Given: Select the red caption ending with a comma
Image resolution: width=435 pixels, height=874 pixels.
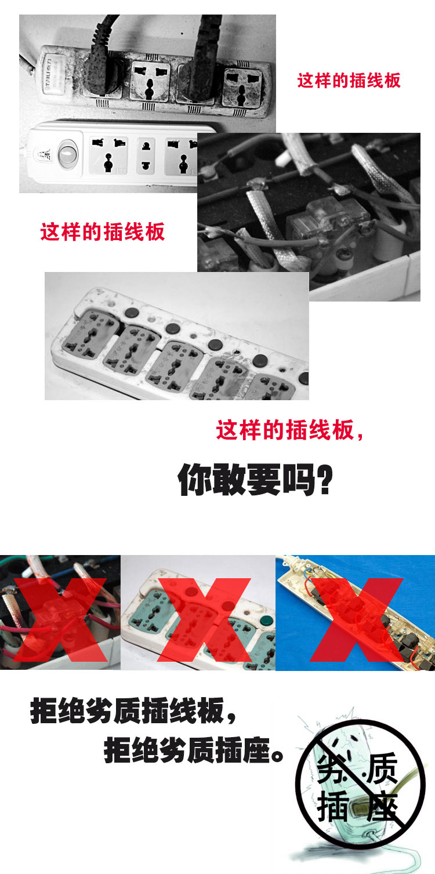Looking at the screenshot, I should tap(290, 431).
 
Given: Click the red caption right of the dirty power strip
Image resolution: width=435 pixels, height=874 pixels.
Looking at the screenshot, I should tap(349, 80).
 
